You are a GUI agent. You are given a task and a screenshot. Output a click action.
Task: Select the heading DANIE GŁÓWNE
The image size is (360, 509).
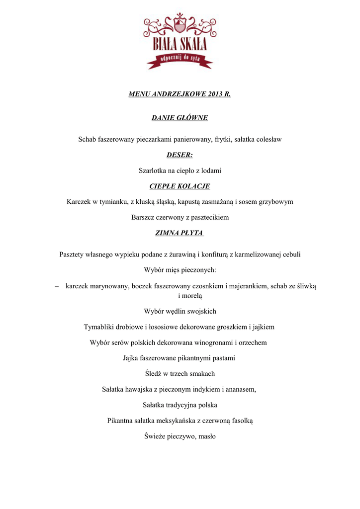click(x=180, y=118)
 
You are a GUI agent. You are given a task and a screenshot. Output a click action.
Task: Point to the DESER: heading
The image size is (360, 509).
click(x=180, y=155)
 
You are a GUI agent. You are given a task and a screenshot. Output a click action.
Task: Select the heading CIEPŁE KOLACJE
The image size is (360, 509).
click(x=180, y=186)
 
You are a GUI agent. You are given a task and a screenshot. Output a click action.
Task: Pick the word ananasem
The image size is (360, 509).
click(x=241, y=389)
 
